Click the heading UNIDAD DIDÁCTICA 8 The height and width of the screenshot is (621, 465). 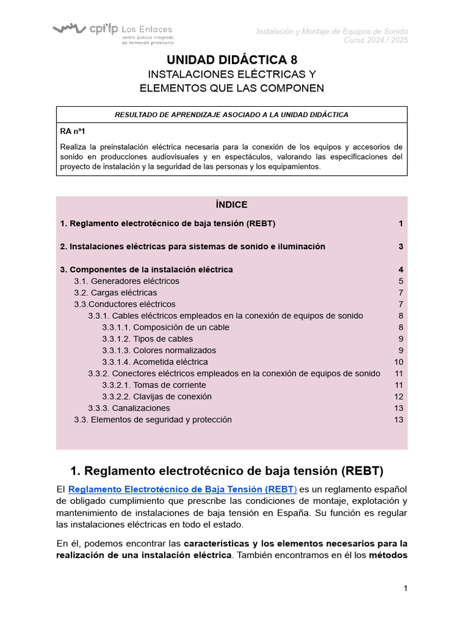pos(232,59)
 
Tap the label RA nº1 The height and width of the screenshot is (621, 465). pos(73,130)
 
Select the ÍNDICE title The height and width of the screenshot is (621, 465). pos(231,204)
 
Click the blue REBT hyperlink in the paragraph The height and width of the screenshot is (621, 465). pos(182,489)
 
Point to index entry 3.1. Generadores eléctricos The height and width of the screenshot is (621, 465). pos(127,281)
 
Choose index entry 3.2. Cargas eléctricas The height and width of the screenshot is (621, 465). pos(115,292)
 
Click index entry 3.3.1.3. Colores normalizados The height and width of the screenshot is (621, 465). pos(159,350)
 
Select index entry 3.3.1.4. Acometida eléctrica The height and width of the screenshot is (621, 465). pos(154,361)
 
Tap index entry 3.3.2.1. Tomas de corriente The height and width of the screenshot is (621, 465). pos(154,384)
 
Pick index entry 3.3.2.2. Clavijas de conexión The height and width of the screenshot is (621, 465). pos(157,396)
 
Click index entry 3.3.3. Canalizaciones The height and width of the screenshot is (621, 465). pos(129,408)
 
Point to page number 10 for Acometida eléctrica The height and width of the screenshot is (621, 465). pos(398,361)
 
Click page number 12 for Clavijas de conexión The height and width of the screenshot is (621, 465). pos(398,396)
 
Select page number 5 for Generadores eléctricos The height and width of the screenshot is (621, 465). pos(401,281)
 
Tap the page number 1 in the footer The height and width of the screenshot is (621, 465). pos(406,588)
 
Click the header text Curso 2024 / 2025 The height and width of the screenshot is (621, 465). pos(376,40)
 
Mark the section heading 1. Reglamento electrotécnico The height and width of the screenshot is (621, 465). pos(227,471)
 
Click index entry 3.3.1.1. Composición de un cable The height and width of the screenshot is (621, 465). pos(165,327)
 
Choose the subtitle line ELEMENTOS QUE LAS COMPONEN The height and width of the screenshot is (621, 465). pos(232,88)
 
